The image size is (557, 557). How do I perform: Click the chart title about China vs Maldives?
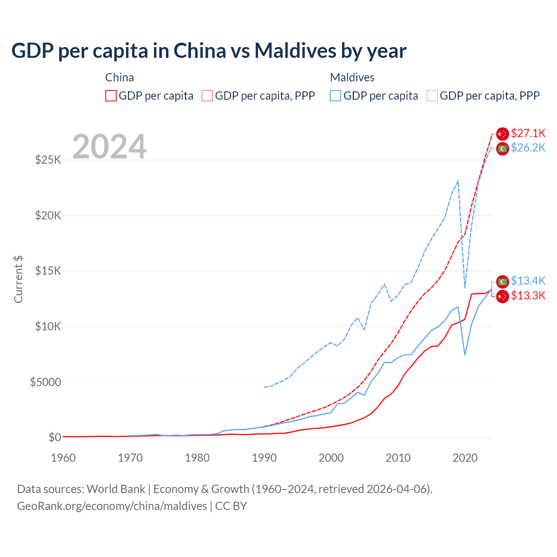(209, 51)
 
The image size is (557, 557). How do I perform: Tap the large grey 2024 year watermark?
(109, 147)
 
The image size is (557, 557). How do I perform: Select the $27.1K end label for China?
(528, 133)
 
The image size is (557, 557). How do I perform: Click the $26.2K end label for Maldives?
(528, 148)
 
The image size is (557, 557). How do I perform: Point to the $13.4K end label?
(528, 281)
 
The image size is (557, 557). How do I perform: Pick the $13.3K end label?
(528, 296)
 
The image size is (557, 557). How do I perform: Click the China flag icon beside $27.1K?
(503, 134)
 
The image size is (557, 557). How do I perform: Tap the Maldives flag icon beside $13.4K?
(503, 282)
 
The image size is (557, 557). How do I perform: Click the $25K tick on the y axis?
(48, 160)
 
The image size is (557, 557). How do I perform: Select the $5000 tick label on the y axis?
(45, 382)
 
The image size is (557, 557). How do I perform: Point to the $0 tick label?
(55, 437)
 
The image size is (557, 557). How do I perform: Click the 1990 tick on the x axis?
(264, 458)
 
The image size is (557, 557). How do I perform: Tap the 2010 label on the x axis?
(398, 458)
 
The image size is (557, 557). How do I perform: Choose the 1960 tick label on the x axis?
(64, 458)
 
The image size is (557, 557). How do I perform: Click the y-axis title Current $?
(18, 279)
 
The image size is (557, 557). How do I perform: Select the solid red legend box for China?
(111, 96)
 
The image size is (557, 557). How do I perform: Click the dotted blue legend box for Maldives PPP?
(432, 96)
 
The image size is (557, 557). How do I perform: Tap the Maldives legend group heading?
(352, 77)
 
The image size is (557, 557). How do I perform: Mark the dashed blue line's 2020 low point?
(465, 288)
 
